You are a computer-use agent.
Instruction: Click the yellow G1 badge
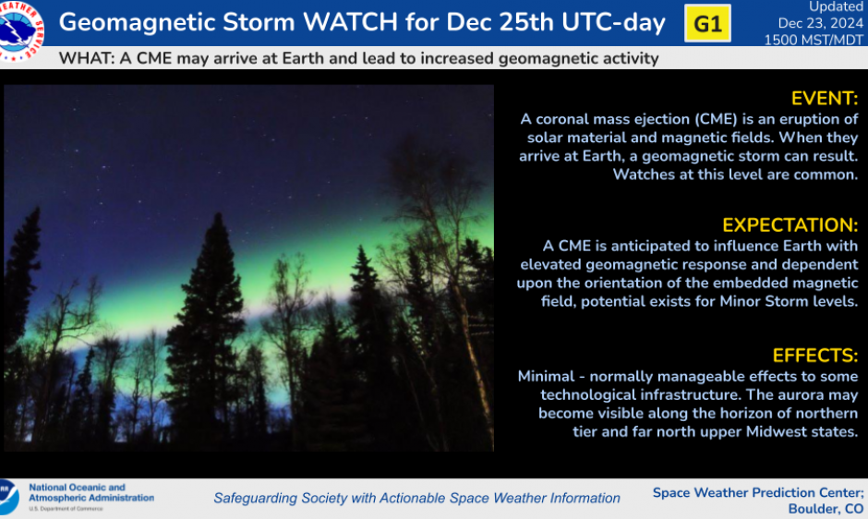707,24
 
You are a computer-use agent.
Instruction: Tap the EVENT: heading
824,99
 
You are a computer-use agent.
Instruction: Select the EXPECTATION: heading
790,225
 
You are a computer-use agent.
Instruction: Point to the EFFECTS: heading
814,356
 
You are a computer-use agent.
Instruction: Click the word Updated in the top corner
837,7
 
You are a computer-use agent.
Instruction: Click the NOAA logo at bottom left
7,496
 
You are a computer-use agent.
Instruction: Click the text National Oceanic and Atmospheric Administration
91,492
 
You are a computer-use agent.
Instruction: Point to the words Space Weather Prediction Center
757,492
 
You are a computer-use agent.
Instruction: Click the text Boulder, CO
826,509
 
